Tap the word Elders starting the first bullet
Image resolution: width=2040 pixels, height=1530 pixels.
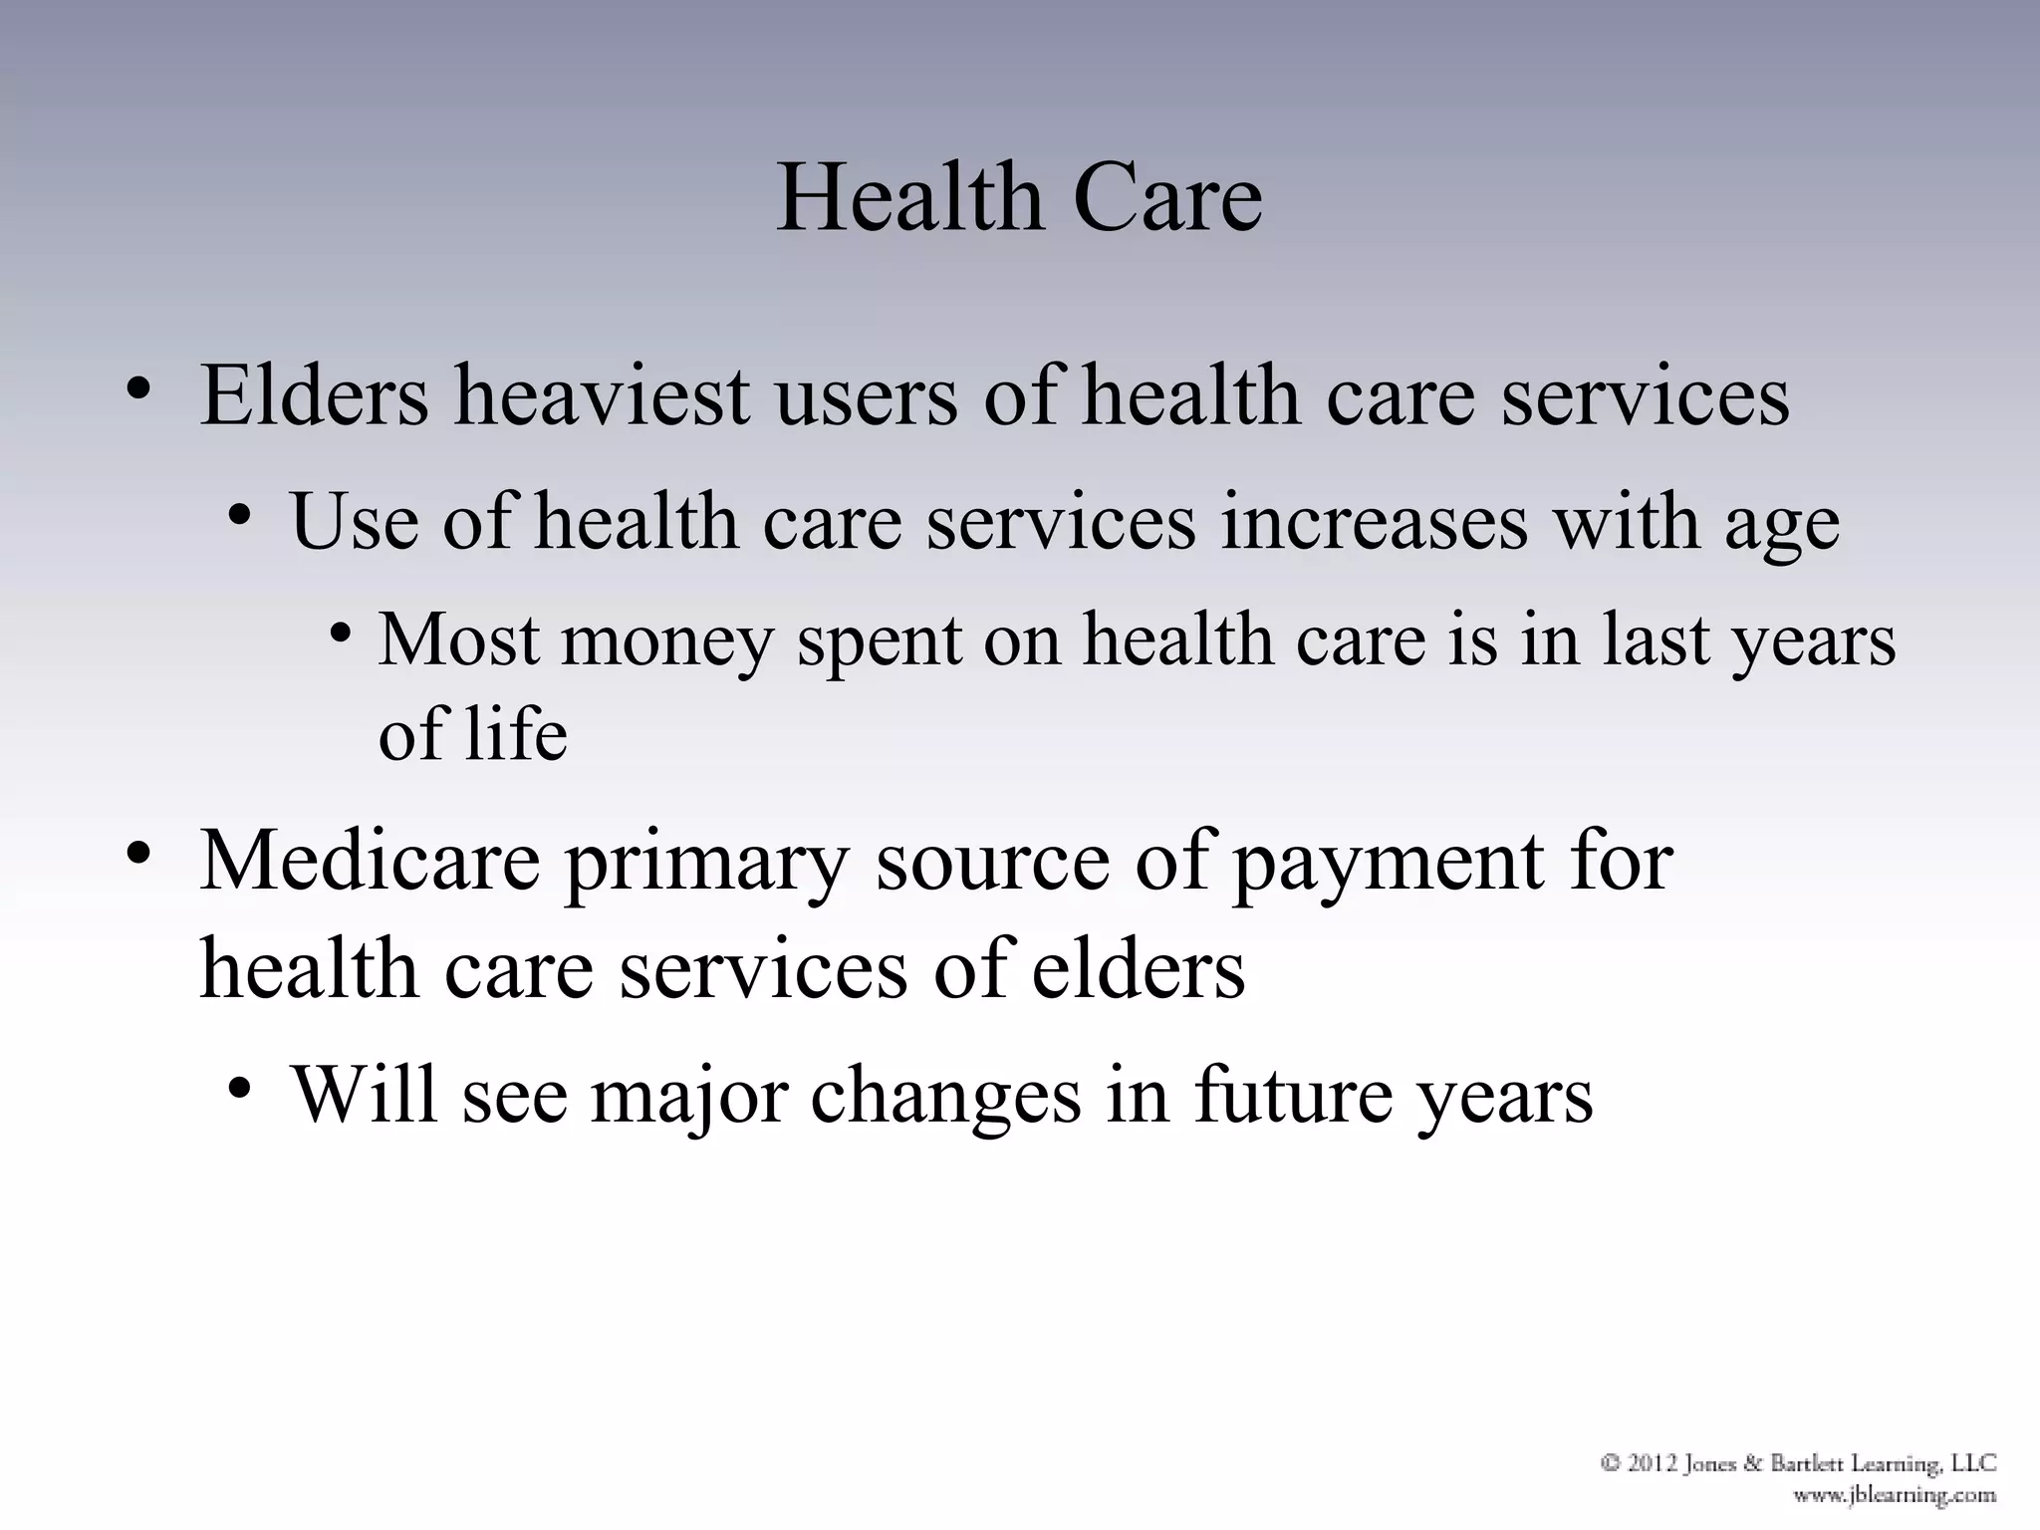314,396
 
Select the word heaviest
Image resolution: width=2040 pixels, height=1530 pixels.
602,396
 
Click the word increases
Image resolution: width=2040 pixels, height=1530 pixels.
1374,522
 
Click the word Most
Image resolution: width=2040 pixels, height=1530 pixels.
458,639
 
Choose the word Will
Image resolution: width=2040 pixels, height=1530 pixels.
364,1095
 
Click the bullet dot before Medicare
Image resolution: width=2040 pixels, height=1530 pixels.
138,855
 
